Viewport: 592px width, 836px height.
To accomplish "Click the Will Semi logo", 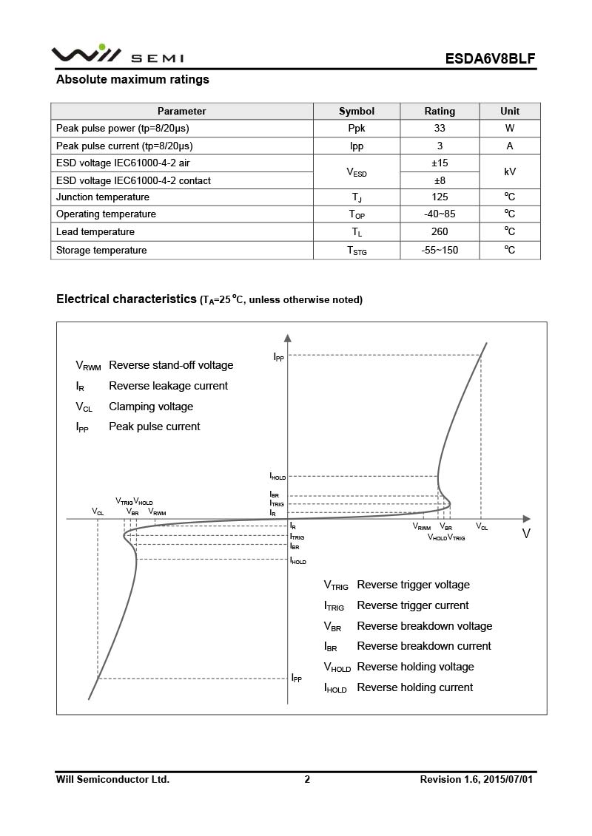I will click(x=117, y=55).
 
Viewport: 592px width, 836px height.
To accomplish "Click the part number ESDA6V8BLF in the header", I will click(x=490, y=58).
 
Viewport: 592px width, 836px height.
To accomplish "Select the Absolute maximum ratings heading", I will click(x=132, y=80).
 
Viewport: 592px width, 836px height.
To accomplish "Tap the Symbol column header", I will click(x=357, y=111).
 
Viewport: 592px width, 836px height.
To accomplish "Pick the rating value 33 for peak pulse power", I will click(x=440, y=128).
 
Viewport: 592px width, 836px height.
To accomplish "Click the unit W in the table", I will click(x=510, y=128).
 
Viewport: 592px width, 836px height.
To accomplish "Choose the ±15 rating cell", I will click(x=440, y=163).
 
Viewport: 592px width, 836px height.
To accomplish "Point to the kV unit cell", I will click(x=510, y=171).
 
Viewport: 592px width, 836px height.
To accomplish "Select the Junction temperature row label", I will click(x=103, y=197).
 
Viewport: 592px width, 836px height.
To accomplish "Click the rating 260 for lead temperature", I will click(x=440, y=232).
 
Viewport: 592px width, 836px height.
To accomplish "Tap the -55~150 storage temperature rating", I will click(x=440, y=250).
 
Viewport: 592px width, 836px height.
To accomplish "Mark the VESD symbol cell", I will click(x=357, y=172).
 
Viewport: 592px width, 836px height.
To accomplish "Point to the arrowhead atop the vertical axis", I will click(x=288, y=338).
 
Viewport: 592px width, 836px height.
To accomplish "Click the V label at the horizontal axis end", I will click(x=526, y=534).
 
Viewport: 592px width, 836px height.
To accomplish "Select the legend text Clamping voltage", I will click(x=151, y=407).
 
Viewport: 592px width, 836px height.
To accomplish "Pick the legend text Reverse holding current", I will click(x=414, y=687).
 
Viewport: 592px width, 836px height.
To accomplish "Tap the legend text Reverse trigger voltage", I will click(x=413, y=585).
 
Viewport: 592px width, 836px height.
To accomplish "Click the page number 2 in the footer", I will click(x=307, y=779).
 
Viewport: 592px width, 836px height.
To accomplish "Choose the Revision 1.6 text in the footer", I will click(x=476, y=779).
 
